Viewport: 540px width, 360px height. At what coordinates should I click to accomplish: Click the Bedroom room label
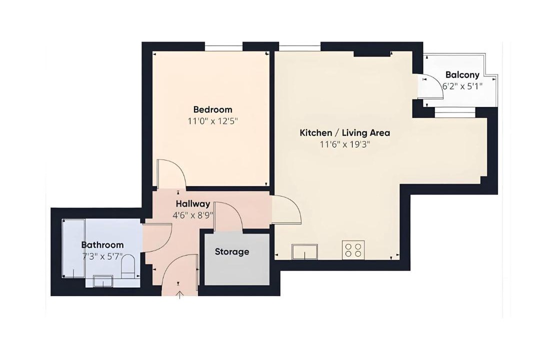click(x=213, y=109)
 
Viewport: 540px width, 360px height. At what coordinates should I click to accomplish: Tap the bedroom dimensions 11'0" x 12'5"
click(x=213, y=121)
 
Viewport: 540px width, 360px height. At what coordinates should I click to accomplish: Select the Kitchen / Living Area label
click(x=344, y=132)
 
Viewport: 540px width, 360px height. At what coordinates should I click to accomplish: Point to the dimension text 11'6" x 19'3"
click(x=344, y=144)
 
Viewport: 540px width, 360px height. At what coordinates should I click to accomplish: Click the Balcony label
click(x=462, y=75)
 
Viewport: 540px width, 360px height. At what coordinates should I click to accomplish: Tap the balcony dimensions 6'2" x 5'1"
click(x=462, y=86)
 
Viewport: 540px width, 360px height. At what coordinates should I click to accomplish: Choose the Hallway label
click(x=193, y=204)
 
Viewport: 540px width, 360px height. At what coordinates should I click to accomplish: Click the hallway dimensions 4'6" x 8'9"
click(x=193, y=215)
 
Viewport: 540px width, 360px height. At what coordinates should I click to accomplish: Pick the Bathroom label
click(x=102, y=245)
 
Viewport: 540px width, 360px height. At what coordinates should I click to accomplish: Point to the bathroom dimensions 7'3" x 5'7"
click(x=102, y=256)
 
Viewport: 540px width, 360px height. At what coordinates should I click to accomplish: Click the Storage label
click(x=232, y=252)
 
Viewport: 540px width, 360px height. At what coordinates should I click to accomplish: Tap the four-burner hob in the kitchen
click(x=353, y=250)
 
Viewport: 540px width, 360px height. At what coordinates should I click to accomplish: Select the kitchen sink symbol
click(x=305, y=251)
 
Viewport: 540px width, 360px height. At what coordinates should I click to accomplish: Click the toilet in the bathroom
click(x=128, y=266)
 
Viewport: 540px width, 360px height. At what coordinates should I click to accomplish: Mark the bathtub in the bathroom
click(x=73, y=248)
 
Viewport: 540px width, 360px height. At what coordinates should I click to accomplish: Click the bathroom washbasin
click(x=103, y=281)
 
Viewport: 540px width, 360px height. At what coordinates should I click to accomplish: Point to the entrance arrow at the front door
click(x=179, y=295)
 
